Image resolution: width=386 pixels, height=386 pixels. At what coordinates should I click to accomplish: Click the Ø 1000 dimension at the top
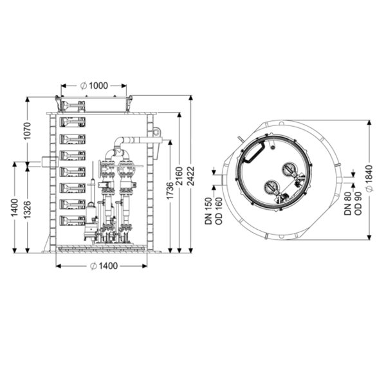pyautogui.click(x=94, y=86)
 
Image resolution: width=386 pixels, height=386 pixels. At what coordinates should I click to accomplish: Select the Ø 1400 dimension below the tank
pyautogui.click(x=104, y=266)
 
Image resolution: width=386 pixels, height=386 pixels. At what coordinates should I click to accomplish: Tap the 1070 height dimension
pyautogui.click(x=27, y=131)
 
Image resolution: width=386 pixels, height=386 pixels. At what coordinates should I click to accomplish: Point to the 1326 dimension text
pyautogui.click(x=27, y=210)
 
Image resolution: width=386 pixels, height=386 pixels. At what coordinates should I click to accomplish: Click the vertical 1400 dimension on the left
pyautogui.click(x=15, y=208)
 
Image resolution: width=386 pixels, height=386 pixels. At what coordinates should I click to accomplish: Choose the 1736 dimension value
pyautogui.click(x=170, y=191)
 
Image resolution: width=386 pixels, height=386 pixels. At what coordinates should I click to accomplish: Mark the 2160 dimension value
pyautogui.click(x=179, y=176)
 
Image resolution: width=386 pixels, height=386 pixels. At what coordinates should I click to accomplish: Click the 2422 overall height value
pyautogui.click(x=190, y=176)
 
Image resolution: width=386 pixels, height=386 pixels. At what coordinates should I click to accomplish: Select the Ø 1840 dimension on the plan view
pyautogui.click(x=369, y=178)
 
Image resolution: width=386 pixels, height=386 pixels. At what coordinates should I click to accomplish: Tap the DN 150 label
pyautogui.click(x=208, y=211)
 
